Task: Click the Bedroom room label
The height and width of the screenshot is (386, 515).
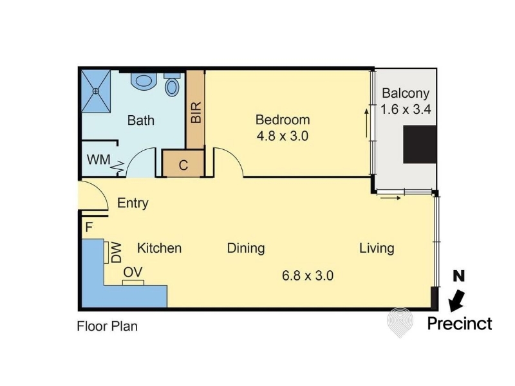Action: (x=283, y=120)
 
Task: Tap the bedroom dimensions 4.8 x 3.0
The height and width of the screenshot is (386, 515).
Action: (x=283, y=136)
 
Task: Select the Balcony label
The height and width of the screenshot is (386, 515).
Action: (x=406, y=93)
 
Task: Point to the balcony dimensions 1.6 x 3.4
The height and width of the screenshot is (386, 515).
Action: (x=406, y=109)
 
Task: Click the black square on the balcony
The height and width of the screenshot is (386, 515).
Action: (x=420, y=144)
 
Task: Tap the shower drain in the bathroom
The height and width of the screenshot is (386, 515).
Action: (x=95, y=91)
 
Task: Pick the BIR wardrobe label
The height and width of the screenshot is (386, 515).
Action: (x=196, y=112)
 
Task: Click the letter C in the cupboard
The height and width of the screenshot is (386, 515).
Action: (x=183, y=165)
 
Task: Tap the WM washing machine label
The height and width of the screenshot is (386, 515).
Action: (x=98, y=160)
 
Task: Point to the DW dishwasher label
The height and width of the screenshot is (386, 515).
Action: (x=117, y=253)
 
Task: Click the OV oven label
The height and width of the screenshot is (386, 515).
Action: (x=133, y=272)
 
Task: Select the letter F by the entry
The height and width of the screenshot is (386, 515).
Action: (x=89, y=227)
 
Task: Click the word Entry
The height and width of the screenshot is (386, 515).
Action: (x=133, y=203)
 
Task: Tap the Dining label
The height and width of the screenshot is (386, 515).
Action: (x=246, y=248)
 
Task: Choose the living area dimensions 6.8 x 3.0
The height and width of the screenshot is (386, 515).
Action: (x=308, y=275)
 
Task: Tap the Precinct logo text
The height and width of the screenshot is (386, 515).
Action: (x=460, y=324)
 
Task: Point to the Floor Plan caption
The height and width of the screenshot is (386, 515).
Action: (x=107, y=327)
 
